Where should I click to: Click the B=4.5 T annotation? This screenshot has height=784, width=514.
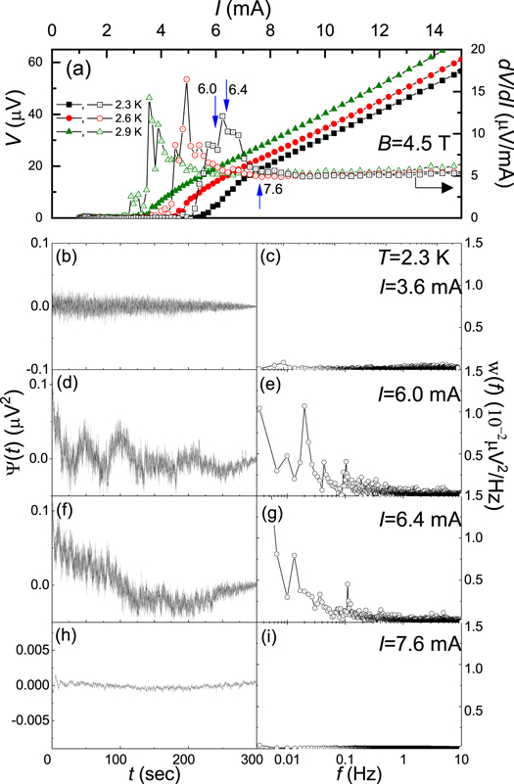[x=412, y=142]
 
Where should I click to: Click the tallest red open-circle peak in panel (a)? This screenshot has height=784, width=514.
[x=186, y=79]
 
